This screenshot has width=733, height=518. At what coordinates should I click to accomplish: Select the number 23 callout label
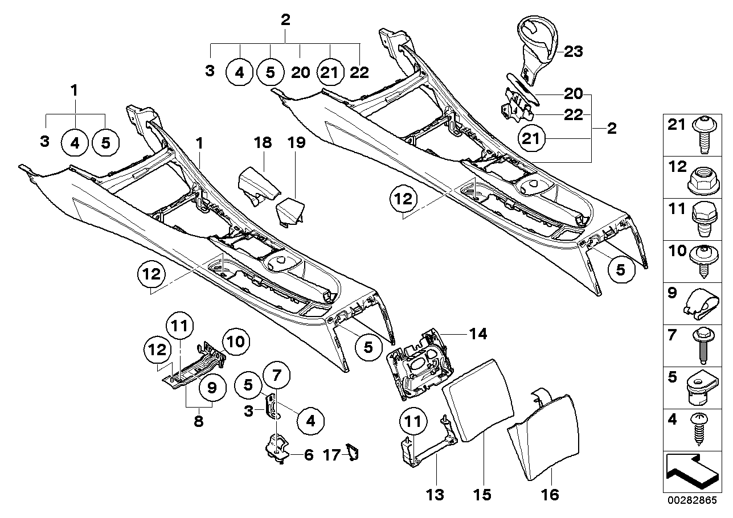[x=574, y=52]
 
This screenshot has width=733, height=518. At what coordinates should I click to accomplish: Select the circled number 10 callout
[x=236, y=342]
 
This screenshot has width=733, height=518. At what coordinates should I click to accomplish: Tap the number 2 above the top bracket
[x=285, y=21]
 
